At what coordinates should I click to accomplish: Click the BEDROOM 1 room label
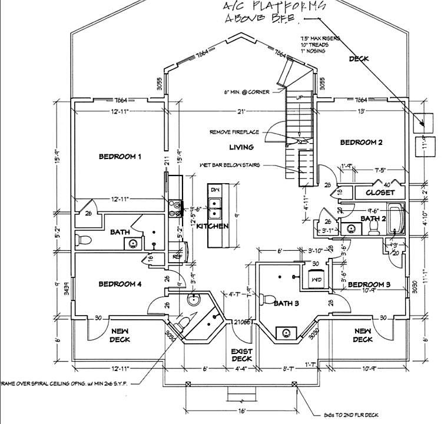pos(120,157)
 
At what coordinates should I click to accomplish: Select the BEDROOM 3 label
pos(369,285)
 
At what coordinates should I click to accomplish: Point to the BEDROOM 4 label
pos(120,284)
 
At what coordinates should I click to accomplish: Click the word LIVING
pos(241,147)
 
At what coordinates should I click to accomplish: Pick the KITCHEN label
pos(212,226)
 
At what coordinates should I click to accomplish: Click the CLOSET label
pos(380,193)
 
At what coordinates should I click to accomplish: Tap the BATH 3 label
pos(287,303)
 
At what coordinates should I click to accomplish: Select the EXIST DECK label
pos(241,355)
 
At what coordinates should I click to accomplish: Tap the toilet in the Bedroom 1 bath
pos(84,239)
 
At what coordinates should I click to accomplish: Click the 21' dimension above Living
pos(241,111)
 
